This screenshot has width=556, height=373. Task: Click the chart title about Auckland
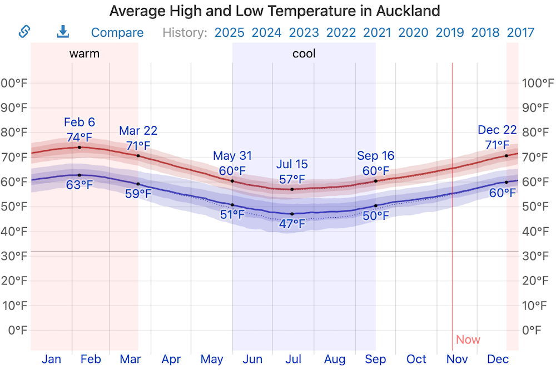(x=275, y=11)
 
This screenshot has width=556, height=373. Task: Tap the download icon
(x=63, y=32)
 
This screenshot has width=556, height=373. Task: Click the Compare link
(x=117, y=33)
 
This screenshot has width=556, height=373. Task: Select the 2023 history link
(x=304, y=33)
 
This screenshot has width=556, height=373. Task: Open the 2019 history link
(x=450, y=33)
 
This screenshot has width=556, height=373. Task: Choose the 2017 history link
(x=520, y=33)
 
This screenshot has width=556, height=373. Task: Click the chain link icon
(x=24, y=32)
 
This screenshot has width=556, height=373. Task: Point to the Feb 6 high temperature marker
(x=80, y=147)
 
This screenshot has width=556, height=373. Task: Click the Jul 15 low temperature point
(x=292, y=214)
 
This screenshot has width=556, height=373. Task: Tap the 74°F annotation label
(x=80, y=137)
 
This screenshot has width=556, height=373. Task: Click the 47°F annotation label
(x=292, y=224)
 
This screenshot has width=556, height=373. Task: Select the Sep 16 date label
(x=376, y=156)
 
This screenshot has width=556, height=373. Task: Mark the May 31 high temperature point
(x=232, y=181)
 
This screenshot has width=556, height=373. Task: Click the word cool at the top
(x=304, y=54)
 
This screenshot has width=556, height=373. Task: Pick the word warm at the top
(x=85, y=54)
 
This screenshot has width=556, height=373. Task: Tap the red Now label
(x=468, y=340)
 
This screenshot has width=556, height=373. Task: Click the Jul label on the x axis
(x=294, y=360)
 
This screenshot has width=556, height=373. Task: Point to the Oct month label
(x=416, y=360)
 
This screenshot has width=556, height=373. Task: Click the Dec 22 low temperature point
(x=507, y=182)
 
